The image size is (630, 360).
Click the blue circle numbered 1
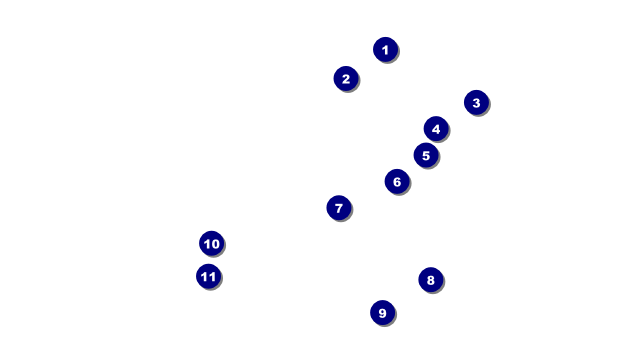pos(385,49)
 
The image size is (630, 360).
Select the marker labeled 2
pos(346,78)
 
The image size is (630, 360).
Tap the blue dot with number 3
pos(476,102)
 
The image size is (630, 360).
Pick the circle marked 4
pos(435,128)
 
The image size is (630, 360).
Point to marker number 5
pos(425,155)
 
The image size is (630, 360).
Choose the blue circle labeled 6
pos(397,181)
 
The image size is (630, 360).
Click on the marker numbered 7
pos(339,208)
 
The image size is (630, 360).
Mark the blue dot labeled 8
pos(430,280)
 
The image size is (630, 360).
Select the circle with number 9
pos(382,313)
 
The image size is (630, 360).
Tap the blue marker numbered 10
pos(211,243)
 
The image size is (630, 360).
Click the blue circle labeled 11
pos(208,276)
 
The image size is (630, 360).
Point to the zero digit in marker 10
pos(215,243)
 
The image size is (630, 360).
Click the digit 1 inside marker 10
pos(206,243)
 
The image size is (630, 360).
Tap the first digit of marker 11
pos(204,276)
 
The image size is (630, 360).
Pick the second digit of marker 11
pos(212,276)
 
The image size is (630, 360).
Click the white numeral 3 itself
pos(476,102)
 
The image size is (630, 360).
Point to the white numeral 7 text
pos(339,208)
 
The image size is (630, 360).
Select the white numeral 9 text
pos(382,313)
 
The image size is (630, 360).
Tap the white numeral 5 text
pos(425,155)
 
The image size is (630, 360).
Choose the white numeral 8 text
pos(430,280)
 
